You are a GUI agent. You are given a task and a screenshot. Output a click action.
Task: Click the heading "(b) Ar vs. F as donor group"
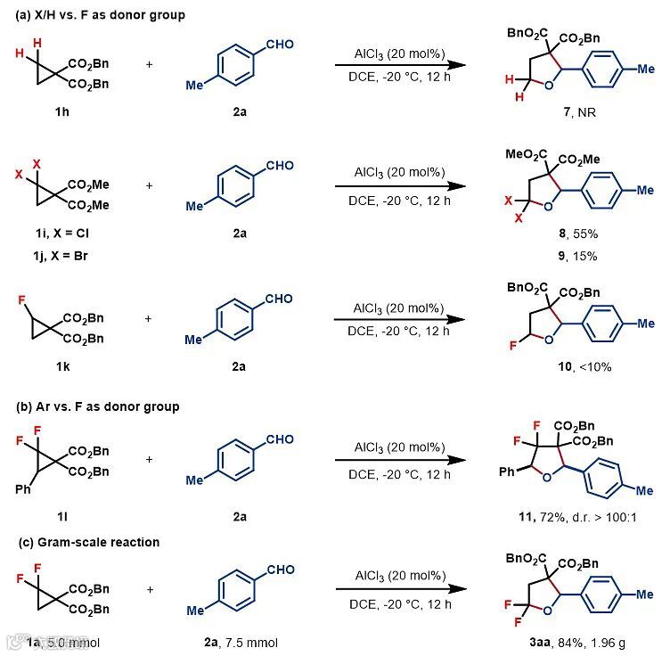pyautogui.click(x=92, y=406)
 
